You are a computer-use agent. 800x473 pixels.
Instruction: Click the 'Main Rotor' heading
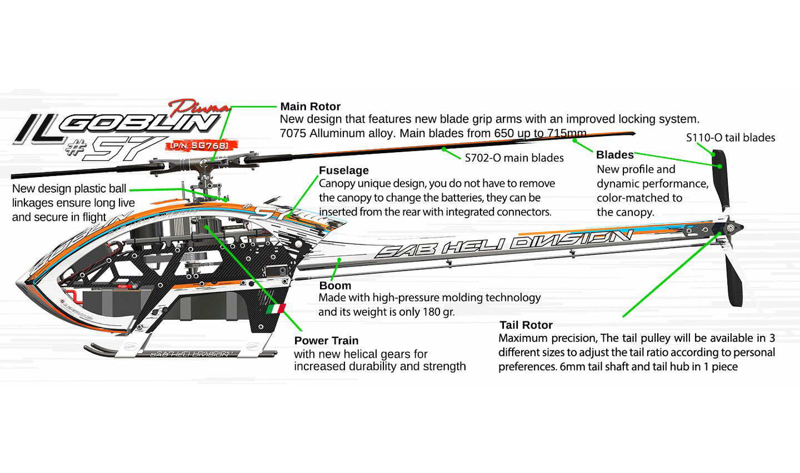310,107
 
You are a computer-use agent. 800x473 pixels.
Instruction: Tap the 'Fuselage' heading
343,170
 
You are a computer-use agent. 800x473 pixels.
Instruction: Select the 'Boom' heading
335,286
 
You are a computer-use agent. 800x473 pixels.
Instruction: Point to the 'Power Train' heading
326,341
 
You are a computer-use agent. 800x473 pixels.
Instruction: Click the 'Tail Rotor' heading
526,325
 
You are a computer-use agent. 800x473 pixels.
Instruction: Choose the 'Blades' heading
614,155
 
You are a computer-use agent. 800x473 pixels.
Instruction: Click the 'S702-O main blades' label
514,158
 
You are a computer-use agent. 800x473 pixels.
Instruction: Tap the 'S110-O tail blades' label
730,138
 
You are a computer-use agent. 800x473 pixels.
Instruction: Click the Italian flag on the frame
276,309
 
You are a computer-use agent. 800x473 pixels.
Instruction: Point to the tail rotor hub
729,228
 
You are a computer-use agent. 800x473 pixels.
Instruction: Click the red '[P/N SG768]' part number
201,146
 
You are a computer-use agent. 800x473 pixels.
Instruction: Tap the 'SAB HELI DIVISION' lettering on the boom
503,244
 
